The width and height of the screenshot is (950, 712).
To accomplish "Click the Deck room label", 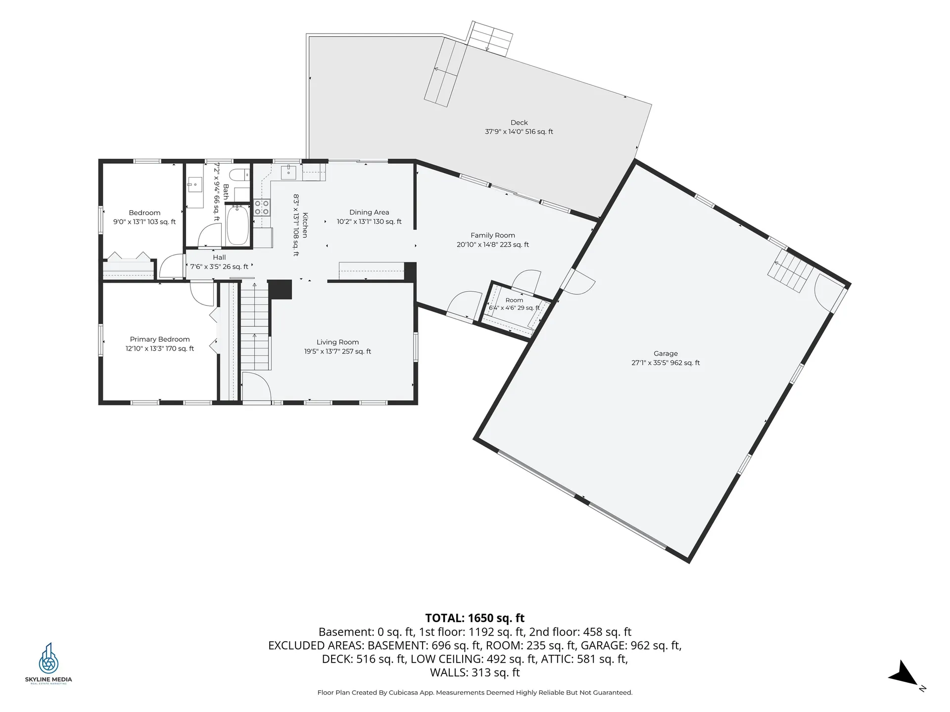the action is click(x=519, y=123).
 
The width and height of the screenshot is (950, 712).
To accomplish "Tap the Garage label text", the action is click(x=665, y=354).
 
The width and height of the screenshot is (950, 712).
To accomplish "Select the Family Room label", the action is click(x=493, y=235).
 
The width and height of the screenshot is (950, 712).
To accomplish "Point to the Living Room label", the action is click(x=337, y=342).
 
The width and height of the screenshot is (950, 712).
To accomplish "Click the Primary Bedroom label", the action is click(x=160, y=339).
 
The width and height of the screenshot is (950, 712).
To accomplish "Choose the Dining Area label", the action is click(x=369, y=213).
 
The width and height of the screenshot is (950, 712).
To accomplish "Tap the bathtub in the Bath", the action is click(x=237, y=225).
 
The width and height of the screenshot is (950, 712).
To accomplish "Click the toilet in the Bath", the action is click(x=240, y=175).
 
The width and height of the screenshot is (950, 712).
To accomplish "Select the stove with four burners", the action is click(x=262, y=207).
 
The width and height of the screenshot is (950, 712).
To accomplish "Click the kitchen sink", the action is click(x=288, y=173).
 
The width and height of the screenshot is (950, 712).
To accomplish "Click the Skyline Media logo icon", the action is click(x=48, y=658).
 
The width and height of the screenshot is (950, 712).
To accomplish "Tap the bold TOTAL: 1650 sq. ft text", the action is click(x=475, y=618).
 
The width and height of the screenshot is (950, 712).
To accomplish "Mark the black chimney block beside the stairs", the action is click(x=280, y=289).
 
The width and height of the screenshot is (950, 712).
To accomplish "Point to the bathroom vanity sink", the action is click(x=195, y=185).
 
